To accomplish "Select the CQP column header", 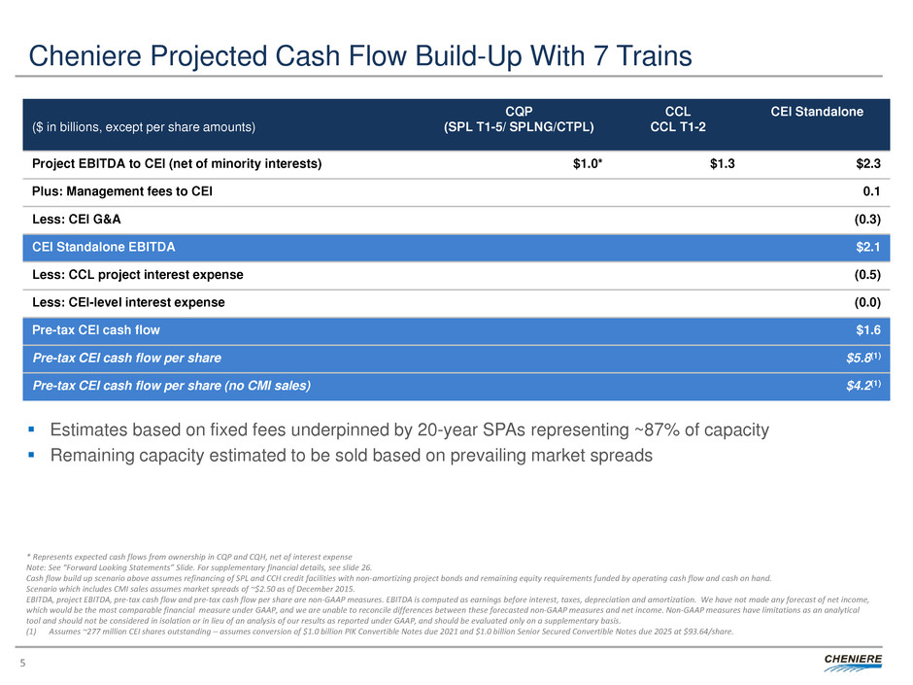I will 521,112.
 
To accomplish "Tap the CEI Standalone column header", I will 817,112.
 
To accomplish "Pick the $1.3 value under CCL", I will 722,164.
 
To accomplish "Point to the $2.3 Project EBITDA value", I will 867,164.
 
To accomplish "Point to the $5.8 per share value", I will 863,359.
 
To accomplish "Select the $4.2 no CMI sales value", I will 863,387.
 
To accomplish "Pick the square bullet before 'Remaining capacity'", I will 37,455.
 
